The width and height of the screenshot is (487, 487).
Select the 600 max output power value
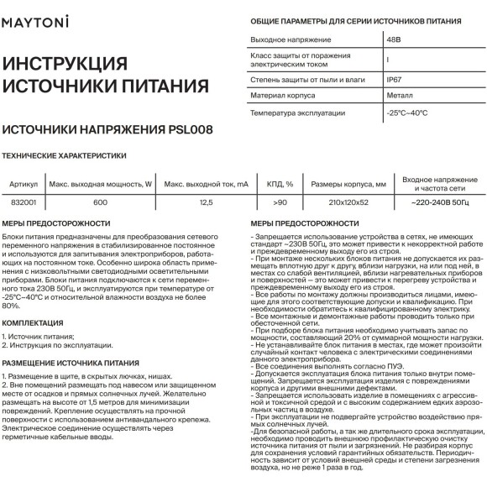(100, 202)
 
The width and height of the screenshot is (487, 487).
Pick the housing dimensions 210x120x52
(347, 202)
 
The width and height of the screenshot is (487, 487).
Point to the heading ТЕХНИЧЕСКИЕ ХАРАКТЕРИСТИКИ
(65, 156)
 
